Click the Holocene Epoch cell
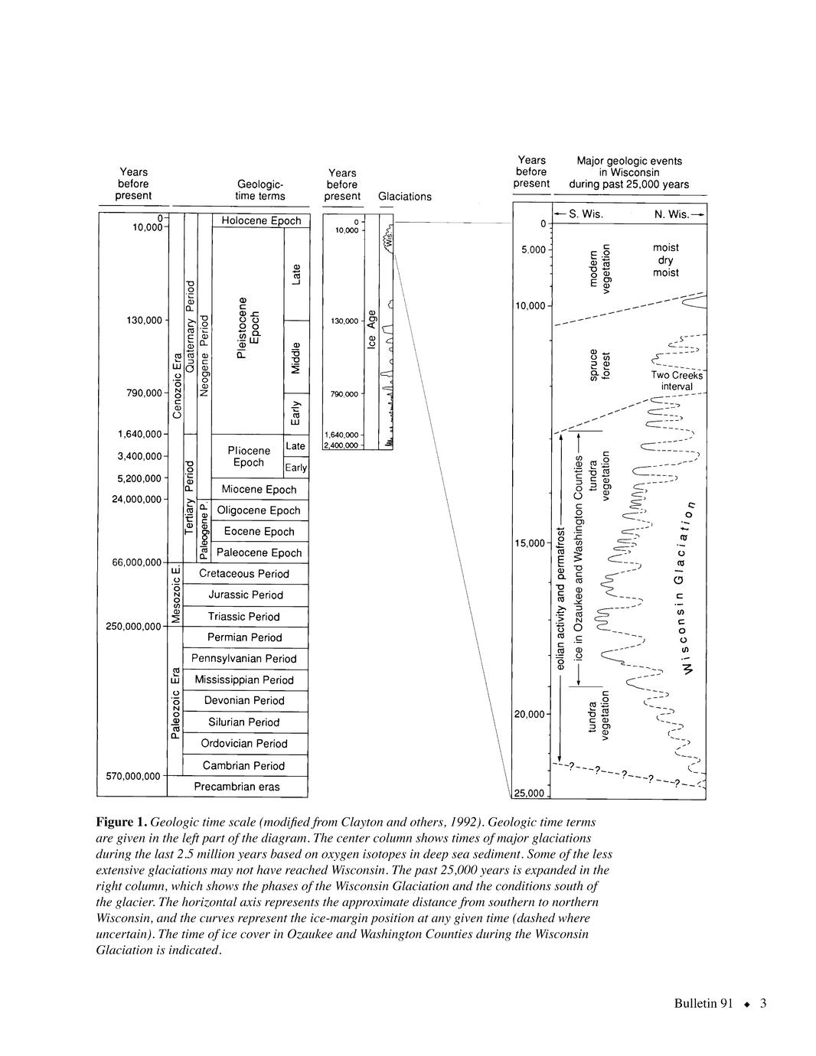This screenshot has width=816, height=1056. coord(260,220)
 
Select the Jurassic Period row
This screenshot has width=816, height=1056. coord(245,595)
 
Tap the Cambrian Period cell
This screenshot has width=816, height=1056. coord(243,765)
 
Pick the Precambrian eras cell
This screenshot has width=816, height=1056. coord(237,787)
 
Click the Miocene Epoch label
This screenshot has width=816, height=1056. coord(258,489)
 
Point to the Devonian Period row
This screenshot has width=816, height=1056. coord(243,700)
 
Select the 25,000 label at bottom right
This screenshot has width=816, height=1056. coord(528,793)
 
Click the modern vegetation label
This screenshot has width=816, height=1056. coord(599,269)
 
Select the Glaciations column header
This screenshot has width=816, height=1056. coord(404,197)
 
